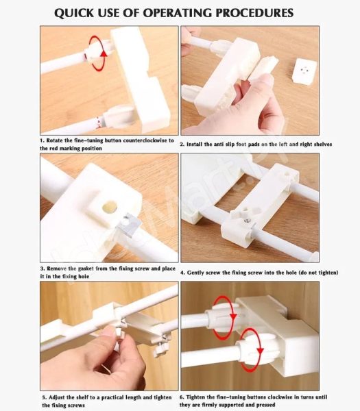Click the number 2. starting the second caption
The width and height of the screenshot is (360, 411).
click(x=182, y=145)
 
